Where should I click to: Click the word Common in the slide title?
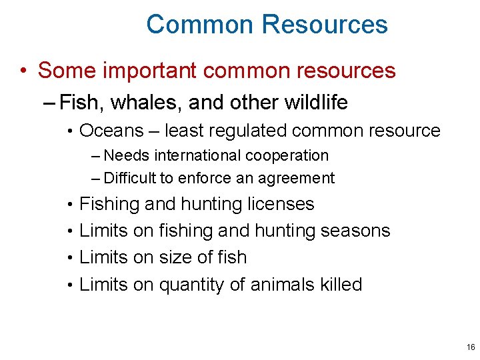click(x=200, y=25)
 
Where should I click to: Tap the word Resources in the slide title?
click(x=325, y=25)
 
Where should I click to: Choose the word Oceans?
click(x=111, y=131)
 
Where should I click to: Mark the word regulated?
click(x=246, y=131)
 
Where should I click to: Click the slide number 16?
click(x=471, y=347)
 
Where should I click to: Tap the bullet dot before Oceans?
click(x=70, y=131)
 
